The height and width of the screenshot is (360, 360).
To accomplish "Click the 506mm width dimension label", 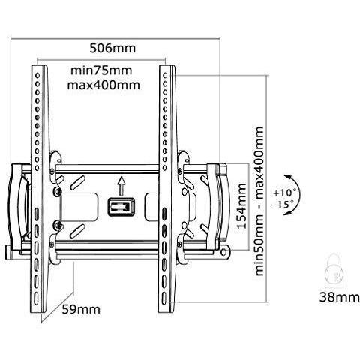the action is (x=112, y=48).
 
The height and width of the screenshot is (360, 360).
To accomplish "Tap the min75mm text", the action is (x=101, y=70).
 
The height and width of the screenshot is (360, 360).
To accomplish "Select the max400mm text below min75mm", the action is (x=103, y=85).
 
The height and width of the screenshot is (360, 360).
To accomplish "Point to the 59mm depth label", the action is (x=81, y=309).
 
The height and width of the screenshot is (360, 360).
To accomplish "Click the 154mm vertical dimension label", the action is (x=241, y=206).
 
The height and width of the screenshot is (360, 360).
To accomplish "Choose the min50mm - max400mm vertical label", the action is (x=259, y=201).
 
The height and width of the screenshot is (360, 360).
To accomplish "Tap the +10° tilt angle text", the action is (x=285, y=193).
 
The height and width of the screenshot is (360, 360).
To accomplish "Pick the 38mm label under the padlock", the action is (x=339, y=298).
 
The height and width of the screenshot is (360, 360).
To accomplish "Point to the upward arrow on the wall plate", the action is (x=121, y=186).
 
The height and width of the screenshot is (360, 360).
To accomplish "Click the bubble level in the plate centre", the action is (x=121, y=207).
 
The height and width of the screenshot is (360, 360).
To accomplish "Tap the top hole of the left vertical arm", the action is (x=37, y=75).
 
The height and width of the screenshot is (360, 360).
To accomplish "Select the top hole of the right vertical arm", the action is (x=165, y=75).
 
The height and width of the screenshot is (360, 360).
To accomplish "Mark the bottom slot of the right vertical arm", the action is (x=164, y=298).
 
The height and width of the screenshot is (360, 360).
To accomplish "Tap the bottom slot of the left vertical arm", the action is (x=37, y=298).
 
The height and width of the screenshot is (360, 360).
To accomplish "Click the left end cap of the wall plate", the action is (x=17, y=206).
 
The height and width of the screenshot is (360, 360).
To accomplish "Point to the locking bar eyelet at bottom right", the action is (x=224, y=253).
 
